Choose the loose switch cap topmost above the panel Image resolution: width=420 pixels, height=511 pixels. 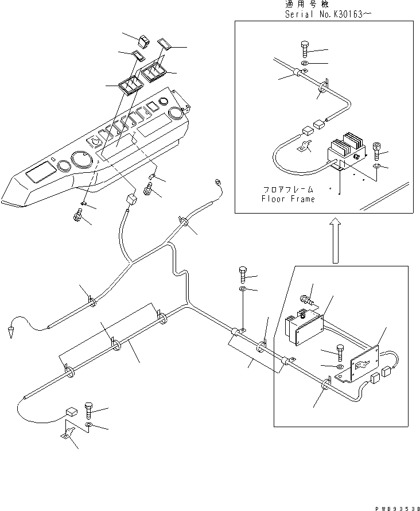pyautogui.click(x=142, y=41)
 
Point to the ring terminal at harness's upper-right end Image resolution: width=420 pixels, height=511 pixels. pyautogui.click(x=217, y=183)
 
